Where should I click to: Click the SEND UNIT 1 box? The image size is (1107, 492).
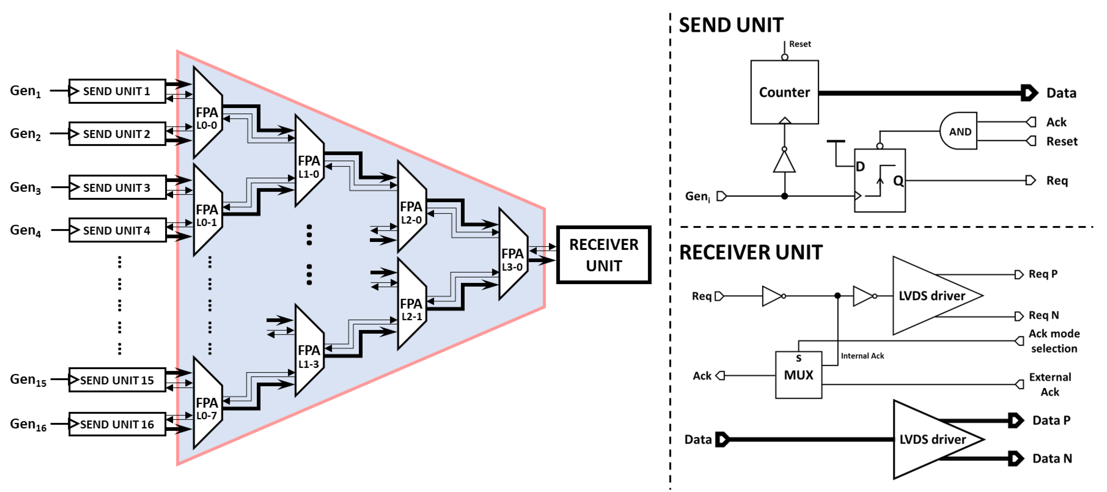click(x=117, y=91)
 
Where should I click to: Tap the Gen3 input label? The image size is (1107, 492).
click(x=25, y=188)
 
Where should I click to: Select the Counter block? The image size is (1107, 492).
click(x=784, y=92)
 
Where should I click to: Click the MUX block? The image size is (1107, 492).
click(x=799, y=375)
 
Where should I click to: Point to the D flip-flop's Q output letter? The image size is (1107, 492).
click(x=898, y=181)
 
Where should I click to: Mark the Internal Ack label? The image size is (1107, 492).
click(x=862, y=356)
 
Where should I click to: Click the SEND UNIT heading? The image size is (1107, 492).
click(x=731, y=25)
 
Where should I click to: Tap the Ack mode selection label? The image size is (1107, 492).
click(x=1054, y=341)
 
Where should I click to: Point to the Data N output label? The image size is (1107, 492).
click(x=1052, y=458)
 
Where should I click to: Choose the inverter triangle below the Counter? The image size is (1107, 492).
click(x=784, y=163)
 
